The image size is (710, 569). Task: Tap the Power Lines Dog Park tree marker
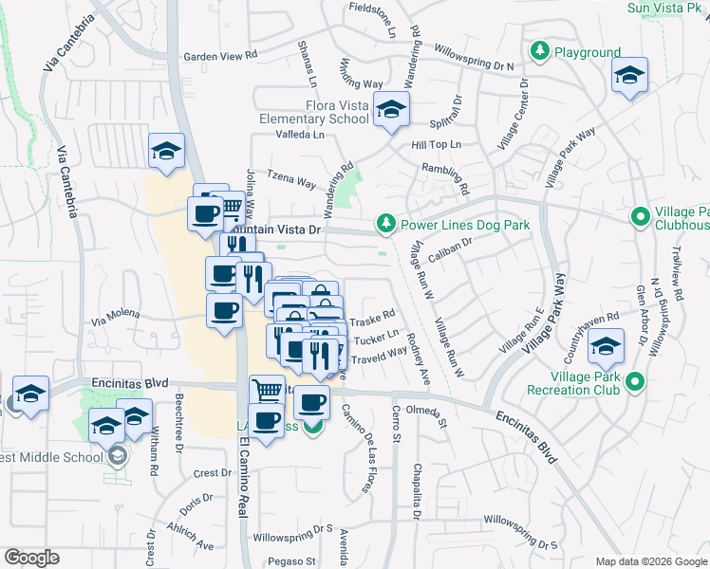coord(385,225)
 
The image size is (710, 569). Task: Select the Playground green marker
coord(540,52)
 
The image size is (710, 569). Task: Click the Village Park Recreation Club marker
coord(637,382)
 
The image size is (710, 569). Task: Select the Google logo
coord(32,558)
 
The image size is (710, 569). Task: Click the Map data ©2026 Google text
coord(650,561)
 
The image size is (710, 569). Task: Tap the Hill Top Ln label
coord(436,145)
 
